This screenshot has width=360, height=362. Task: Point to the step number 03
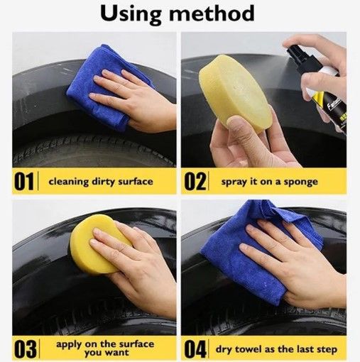(24, 349)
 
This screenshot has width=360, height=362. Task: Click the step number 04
(195, 349)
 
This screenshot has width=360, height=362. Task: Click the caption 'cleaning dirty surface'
(100, 181)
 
